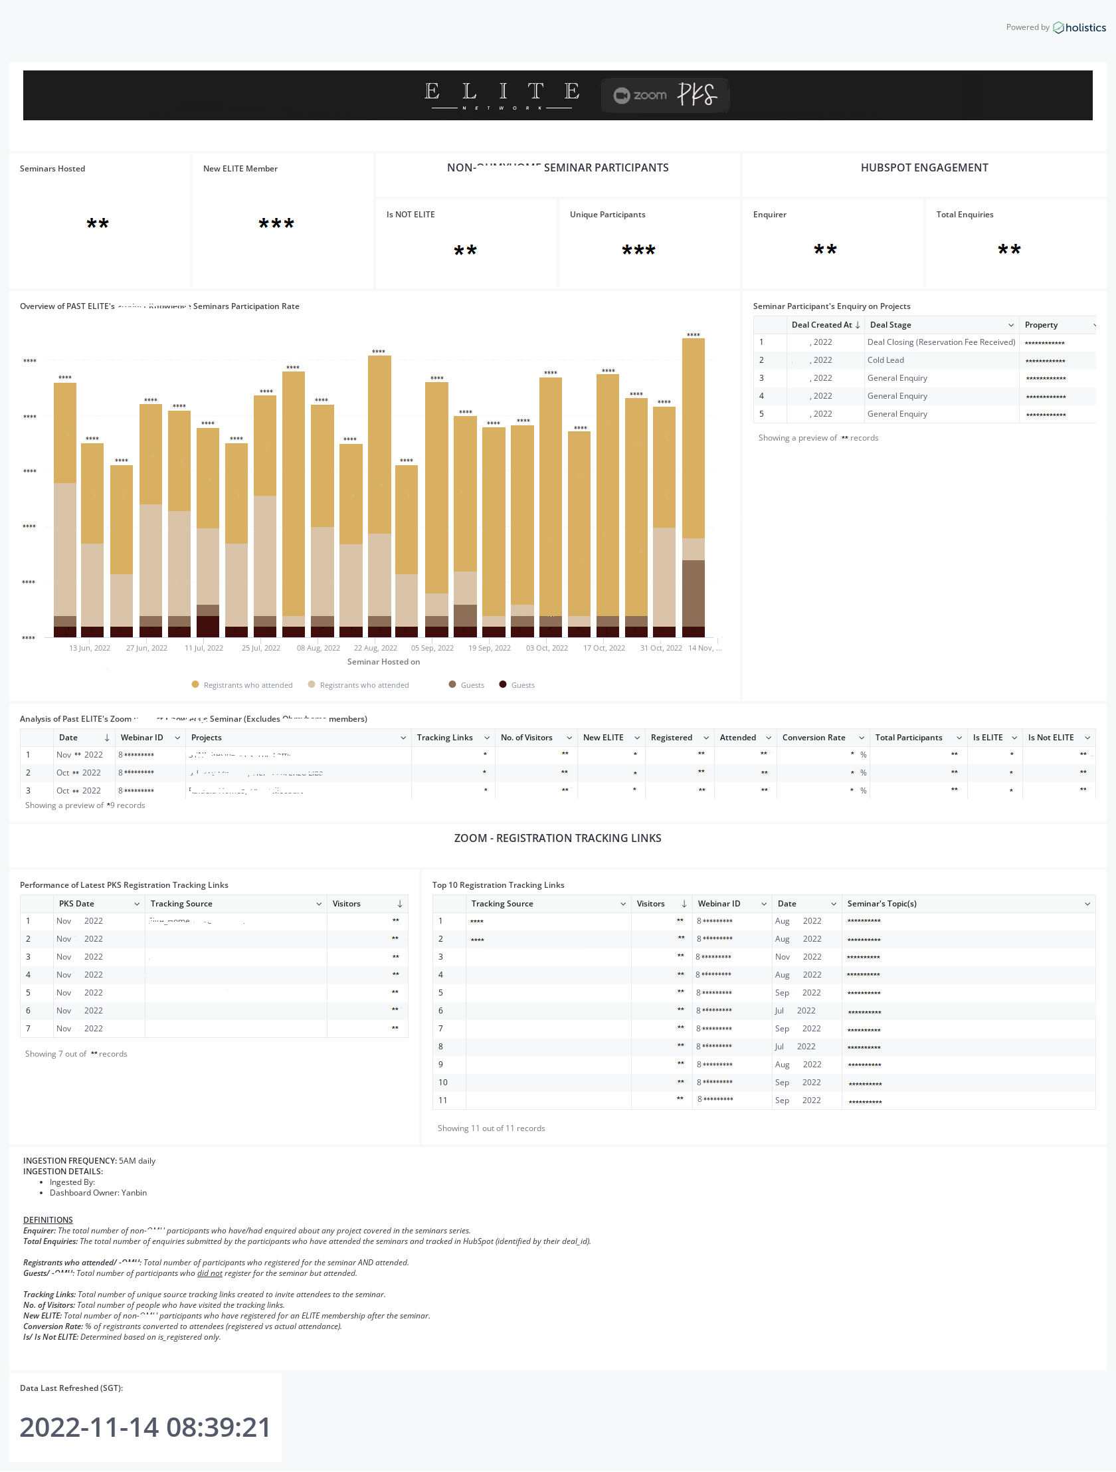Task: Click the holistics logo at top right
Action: pos(1079,27)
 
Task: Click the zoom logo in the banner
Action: pos(640,95)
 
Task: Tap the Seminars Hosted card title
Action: pos(52,168)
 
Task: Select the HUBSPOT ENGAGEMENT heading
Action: pos(924,167)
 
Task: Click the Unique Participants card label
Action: pos(607,214)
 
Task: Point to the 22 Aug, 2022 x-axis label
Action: pos(375,647)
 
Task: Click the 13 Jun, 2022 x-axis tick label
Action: pos(90,647)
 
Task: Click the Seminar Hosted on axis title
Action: pos(383,661)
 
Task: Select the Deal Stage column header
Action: pos(891,325)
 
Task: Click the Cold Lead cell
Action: pos(885,360)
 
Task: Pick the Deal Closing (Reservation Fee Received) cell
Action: pos(941,342)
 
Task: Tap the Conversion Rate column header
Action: pos(813,738)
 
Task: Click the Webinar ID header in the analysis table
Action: pos(141,738)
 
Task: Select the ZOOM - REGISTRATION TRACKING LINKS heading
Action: pos(557,838)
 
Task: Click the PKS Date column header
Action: pos(76,904)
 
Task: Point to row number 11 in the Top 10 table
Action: pos(442,1101)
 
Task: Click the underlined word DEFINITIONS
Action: pos(48,1219)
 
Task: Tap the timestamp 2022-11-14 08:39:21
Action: pos(145,1427)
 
